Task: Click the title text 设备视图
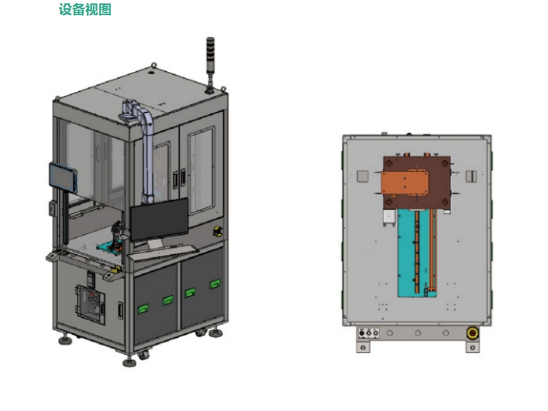coord(85,10)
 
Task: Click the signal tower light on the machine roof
coord(210,64)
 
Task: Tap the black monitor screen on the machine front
coord(159,220)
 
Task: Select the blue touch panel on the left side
coord(62,178)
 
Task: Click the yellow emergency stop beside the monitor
coord(218,231)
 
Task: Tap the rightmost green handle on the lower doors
coord(214,284)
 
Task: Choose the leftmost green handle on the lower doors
coord(143,309)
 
